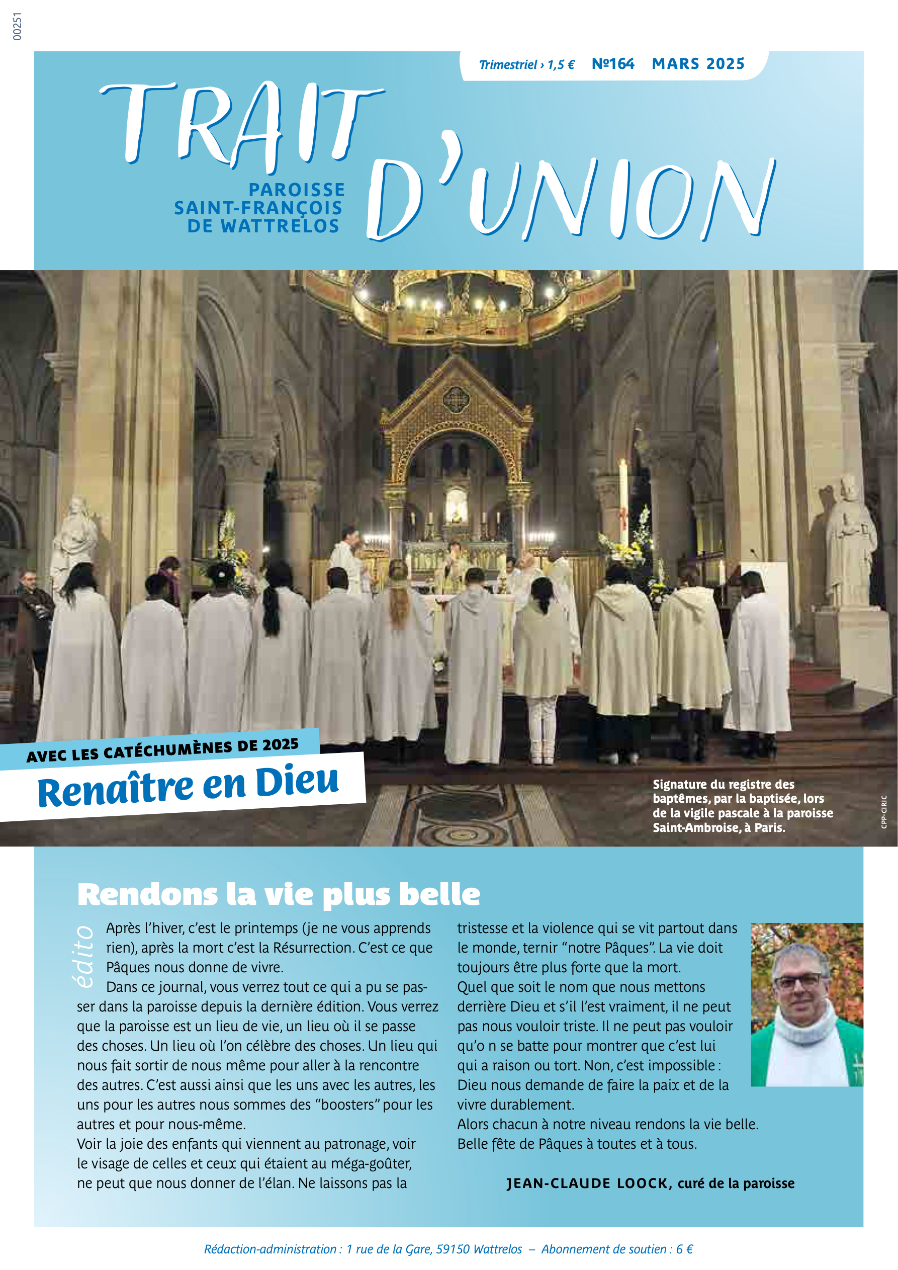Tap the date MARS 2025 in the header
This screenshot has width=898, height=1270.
698,64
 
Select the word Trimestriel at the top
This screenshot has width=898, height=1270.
508,65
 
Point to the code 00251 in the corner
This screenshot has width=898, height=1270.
17,27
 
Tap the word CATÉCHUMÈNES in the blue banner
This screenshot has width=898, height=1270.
168,750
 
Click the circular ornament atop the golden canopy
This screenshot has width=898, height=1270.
456,398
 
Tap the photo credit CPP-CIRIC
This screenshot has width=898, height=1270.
883,811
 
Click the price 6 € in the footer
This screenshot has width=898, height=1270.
684,1249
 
